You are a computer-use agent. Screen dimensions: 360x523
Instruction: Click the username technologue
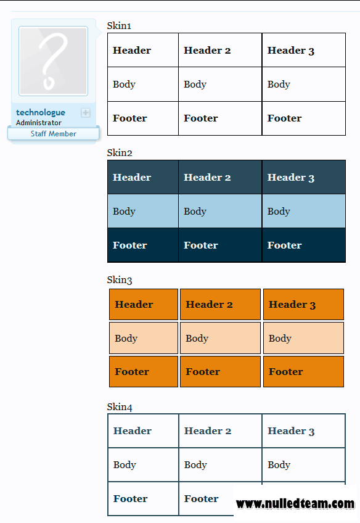41,113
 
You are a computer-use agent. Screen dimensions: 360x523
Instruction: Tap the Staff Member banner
54,134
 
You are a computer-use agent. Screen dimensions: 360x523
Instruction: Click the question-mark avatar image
54,61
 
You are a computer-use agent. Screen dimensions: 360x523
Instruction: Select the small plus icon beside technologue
86,113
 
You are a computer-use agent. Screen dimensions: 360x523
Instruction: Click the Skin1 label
119,26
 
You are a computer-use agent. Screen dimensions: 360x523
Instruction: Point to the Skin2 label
120,153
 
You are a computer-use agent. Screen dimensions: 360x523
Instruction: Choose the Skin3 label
120,280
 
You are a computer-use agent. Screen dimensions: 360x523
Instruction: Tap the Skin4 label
120,407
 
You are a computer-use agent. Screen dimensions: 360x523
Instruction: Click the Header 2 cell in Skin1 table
220,50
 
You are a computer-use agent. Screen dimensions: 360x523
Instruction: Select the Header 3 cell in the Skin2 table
304,177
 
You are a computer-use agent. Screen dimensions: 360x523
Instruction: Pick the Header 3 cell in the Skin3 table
303,304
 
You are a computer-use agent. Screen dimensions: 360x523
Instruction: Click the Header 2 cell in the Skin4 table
220,431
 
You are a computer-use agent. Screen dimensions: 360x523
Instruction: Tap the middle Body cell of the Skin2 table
220,211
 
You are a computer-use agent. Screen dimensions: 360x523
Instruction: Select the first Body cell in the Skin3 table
144,338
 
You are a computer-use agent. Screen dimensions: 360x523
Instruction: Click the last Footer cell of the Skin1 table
304,118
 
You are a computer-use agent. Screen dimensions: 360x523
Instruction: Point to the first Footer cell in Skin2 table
143,245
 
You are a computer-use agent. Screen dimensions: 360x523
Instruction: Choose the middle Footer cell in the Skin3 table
220,371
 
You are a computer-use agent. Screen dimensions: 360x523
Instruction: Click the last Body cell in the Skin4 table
304,464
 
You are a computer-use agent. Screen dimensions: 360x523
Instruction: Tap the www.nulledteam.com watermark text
295,504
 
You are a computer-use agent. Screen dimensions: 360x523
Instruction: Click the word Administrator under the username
39,123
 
